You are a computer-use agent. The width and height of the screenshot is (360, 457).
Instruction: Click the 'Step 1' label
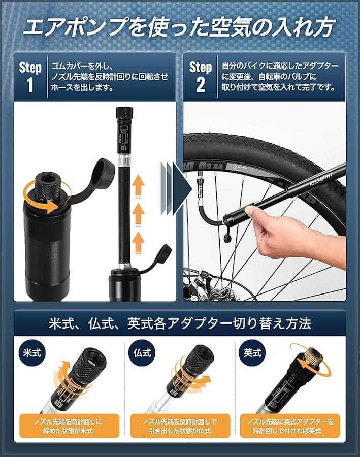[30, 77]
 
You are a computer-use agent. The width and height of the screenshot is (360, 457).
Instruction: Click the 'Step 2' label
[201, 77]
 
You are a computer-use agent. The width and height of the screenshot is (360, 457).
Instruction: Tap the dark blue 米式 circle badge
[32, 353]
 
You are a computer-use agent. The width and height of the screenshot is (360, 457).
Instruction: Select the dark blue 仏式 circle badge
[143, 353]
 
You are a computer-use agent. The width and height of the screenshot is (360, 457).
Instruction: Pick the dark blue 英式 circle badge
[252, 353]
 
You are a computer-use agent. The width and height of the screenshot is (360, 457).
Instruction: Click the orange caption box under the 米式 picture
[70, 426]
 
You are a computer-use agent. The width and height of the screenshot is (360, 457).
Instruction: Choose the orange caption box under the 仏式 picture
[180, 426]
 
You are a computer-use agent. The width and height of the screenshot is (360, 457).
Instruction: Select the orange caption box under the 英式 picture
[290, 426]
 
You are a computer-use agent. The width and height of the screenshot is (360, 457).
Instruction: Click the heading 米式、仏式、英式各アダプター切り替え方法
[180, 323]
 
